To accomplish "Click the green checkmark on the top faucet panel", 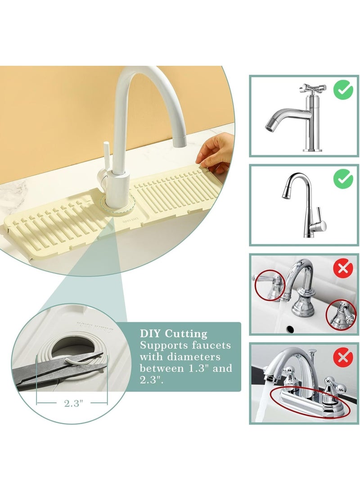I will [343, 90].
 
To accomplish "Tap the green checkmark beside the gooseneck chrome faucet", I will [343, 180].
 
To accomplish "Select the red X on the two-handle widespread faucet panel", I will [343, 269].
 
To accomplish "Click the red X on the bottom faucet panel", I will [343, 358].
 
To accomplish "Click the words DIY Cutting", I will [174, 334].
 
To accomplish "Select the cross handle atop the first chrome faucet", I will [311, 88].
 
